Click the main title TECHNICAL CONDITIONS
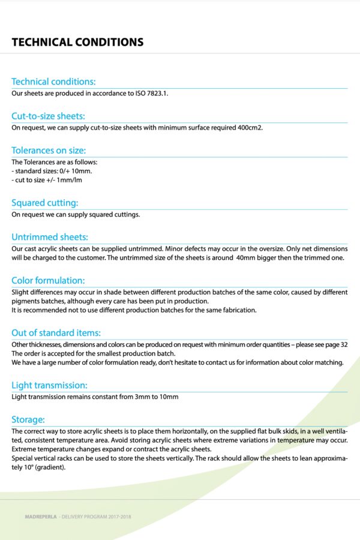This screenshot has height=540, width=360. pos(77,42)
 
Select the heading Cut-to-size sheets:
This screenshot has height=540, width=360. pos(48,116)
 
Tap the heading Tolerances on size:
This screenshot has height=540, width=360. pos(49,150)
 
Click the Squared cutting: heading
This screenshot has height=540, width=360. pos(45,203)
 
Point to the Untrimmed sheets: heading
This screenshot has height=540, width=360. pos(50,237)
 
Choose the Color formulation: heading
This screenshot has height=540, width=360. pos(48,280)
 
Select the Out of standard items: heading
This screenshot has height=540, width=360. pos(56,332)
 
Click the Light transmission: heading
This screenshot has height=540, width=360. pos(49,385)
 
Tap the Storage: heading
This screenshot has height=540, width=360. pos(28,419)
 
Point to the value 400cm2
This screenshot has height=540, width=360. pos(250,128)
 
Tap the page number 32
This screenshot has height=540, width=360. pos(344,344)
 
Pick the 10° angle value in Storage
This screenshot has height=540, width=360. pos(20,467)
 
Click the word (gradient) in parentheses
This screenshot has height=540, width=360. pos(47,467)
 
